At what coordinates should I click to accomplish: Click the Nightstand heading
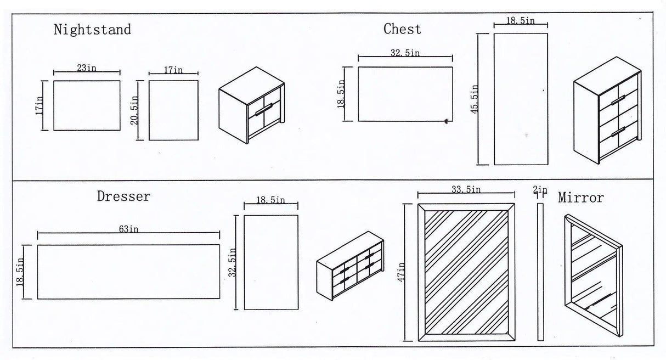click(x=92, y=30)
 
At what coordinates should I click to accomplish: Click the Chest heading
click(x=402, y=29)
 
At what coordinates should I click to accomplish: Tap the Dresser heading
click(x=123, y=196)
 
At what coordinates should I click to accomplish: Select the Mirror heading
click(x=580, y=198)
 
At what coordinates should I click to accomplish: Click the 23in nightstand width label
click(x=87, y=68)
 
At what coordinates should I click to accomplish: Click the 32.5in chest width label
click(x=405, y=53)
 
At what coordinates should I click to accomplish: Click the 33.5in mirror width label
click(x=466, y=189)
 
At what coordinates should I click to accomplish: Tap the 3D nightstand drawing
click(x=252, y=105)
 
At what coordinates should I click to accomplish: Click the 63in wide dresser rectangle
click(x=128, y=272)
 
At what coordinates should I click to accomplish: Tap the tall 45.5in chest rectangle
click(x=521, y=99)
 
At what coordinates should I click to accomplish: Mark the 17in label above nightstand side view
click(x=173, y=70)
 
